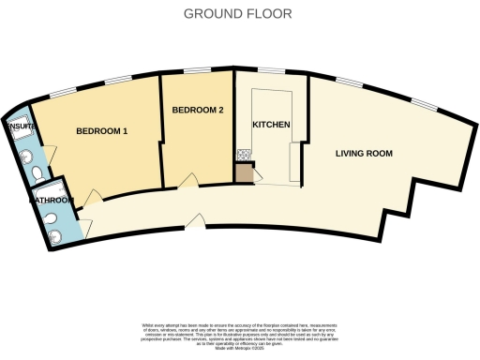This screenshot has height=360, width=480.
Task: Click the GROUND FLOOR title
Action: pos(238,14)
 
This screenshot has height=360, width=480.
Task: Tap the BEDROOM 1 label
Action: pos(101,131)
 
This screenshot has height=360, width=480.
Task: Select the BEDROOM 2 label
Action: pos(198,111)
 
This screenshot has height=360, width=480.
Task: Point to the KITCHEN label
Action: pos(271,125)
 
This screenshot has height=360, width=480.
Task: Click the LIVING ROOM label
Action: pos(364,153)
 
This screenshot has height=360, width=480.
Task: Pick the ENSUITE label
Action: pos(21,125)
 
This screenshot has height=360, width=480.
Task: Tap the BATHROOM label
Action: pos(51,200)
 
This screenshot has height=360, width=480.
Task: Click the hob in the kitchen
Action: pos(242,156)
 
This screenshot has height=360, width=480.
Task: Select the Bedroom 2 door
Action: pos(189,178)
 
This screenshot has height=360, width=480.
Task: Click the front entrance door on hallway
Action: pos(195,221)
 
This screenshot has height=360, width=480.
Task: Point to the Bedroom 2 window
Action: pos(196,71)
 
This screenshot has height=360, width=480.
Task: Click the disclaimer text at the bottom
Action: pos(239,332)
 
